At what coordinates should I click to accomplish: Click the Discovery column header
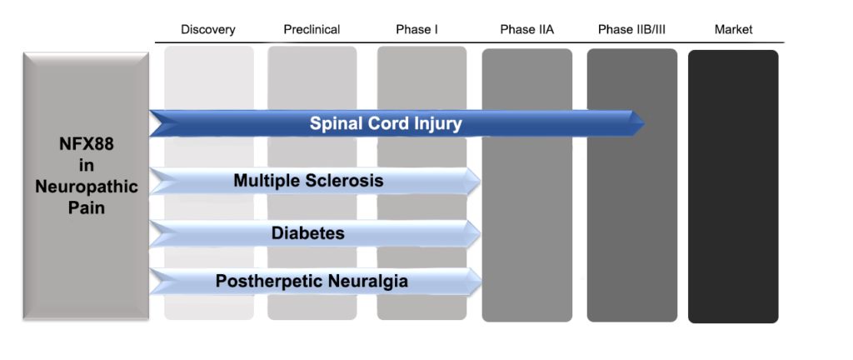pyautogui.click(x=208, y=30)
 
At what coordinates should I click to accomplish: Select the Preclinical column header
pyautogui.click(x=312, y=30)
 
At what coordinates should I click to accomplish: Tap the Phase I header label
pyautogui.click(x=417, y=30)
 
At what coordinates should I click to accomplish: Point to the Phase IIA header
pyautogui.click(x=526, y=30)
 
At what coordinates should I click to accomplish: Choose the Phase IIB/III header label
pyautogui.click(x=631, y=30)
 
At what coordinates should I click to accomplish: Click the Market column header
pyautogui.click(x=733, y=30)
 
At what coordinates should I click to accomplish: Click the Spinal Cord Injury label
pyautogui.click(x=386, y=124)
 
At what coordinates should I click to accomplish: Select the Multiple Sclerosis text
pyautogui.click(x=308, y=181)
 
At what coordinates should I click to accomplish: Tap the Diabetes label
pyautogui.click(x=307, y=233)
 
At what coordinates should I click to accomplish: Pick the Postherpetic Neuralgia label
pyautogui.click(x=312, y=282)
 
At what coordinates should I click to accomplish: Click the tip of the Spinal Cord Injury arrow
pyautogui.click(x=646, y=123)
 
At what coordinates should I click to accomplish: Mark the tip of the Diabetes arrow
pyautogui.click(x=481, y=233)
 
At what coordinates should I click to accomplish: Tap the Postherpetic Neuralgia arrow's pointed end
pyautogui.click(x=481, y=282)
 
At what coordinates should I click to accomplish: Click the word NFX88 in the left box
pyautogui.click(x=86, y=145)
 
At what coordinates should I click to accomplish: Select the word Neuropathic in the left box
pyautogui.click(x=86, y=187)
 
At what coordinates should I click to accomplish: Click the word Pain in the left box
pyautogui.click(x=86, y=207)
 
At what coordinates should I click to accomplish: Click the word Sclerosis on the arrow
pyautogui.click(x=347, y=181)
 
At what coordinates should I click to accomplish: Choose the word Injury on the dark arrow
pyautogui.click(x=434, y=124)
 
